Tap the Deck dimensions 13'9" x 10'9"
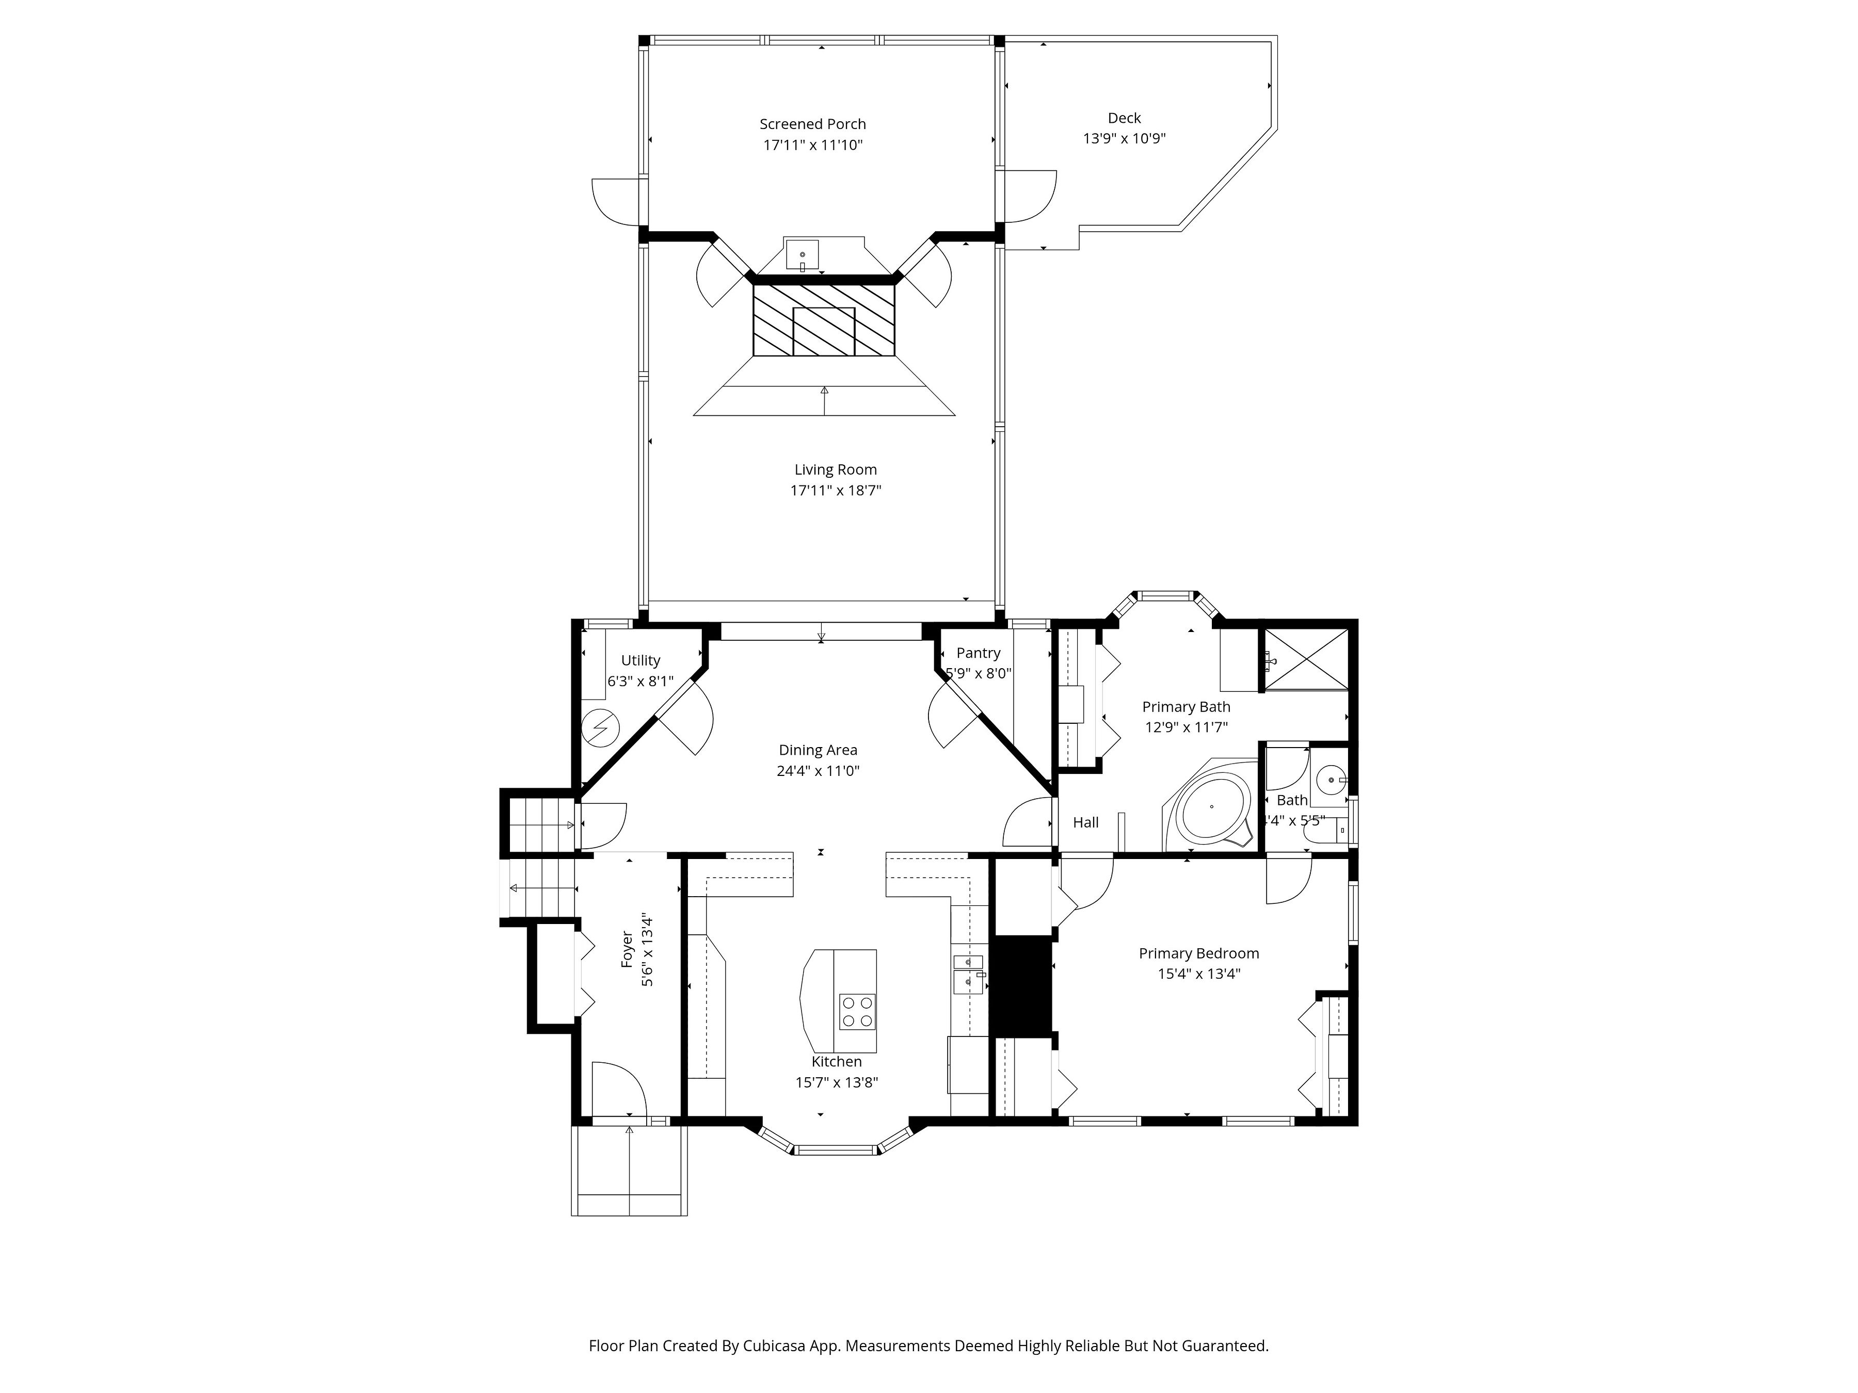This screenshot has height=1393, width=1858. point(1124,139)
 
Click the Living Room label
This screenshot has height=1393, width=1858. point(835,470)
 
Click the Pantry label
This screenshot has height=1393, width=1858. point(978,653)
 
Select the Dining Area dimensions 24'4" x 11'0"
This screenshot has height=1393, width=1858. point(818,771)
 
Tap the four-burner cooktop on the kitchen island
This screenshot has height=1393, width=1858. point(857,1012)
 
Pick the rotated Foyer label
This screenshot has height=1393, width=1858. point(627,949)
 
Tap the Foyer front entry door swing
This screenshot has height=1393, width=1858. point(617,1090)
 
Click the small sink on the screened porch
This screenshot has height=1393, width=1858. point(802,254)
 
